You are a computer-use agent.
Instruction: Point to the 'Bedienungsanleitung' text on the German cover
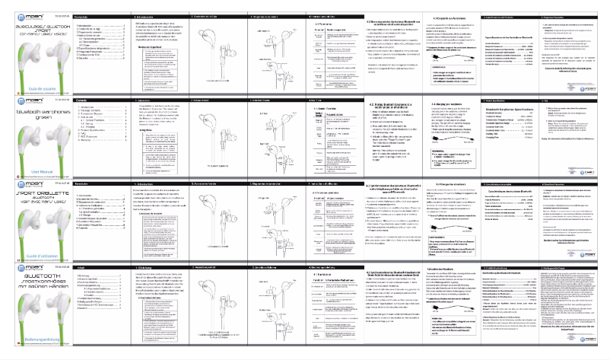[x=27, y=338]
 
